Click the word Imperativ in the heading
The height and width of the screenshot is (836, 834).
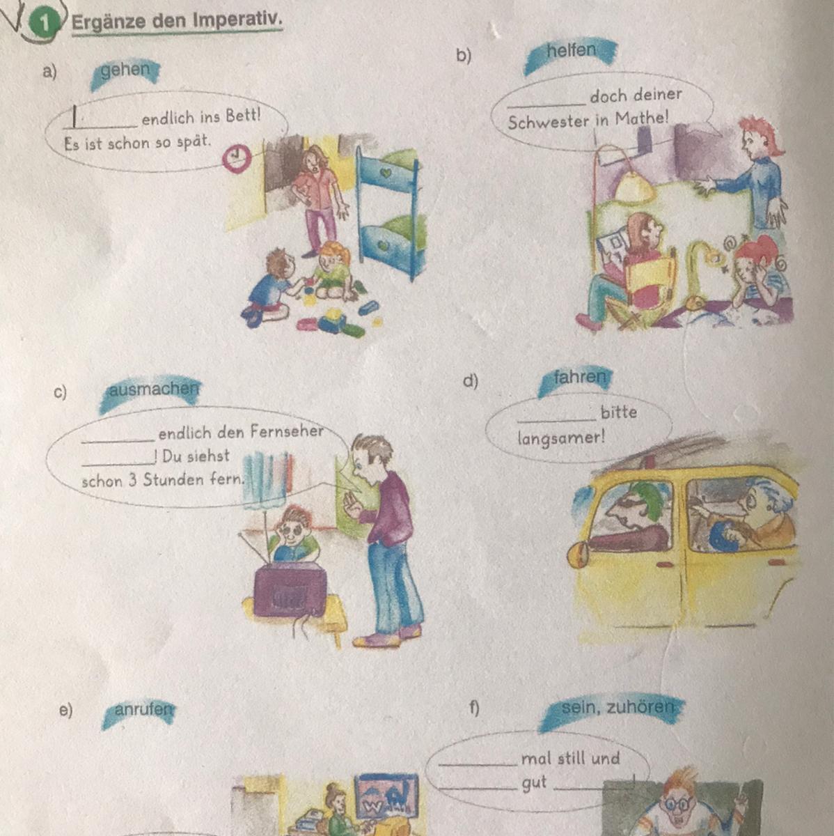pyautogui.click(x=237, y=20)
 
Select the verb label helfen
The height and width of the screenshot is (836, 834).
pyautogui.click(x=571, y=50)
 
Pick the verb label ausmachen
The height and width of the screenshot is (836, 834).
pyautogui.click(x=154, y=389)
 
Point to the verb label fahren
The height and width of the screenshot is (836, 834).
pyautogui.click(x=579, y=377)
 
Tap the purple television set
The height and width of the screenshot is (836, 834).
pyautogui.click(x=290, y=593)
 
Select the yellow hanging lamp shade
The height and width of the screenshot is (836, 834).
pyautogui.click(x=634, y=186)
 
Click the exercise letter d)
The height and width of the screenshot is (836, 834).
pyautogui.click(x=470, y=381)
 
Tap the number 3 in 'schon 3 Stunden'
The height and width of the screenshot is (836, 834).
pyautogui.click(x=133, y=480)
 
